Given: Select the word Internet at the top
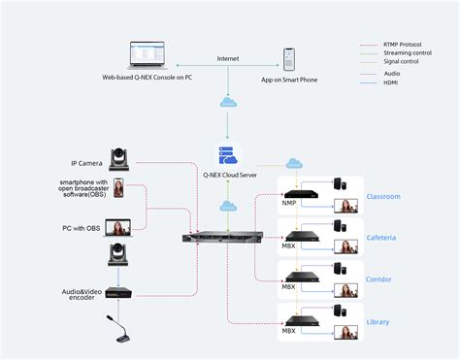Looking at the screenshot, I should point(227,59).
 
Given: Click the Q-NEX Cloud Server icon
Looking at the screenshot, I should point(227,155).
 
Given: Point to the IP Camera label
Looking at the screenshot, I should point(87,163).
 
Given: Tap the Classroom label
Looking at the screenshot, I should point(382,196).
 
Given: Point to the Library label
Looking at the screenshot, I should point(378,321).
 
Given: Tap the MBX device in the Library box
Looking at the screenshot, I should point(296,319).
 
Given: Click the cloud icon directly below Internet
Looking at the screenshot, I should point(227,102).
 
